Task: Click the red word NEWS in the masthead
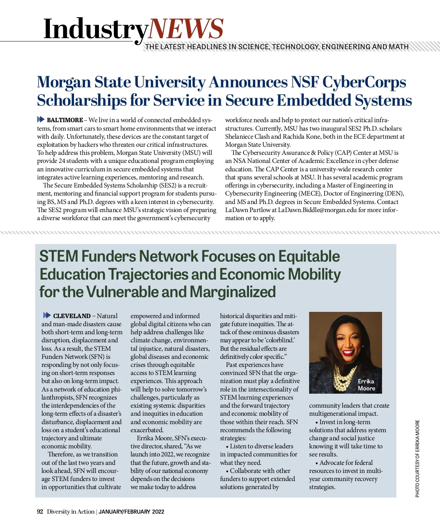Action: (x=186, y=29)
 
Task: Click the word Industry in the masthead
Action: (x=96, y=29)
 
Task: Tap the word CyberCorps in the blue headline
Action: (x=364, y=83)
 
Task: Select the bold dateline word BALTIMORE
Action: (x=65, y=120)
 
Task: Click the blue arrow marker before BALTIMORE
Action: (x=41, y=120)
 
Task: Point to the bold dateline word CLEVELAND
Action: (x=72, y=316)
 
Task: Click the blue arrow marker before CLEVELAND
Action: (x=47, y=316)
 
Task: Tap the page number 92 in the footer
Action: (x=40, y=512)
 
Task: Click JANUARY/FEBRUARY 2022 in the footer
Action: (x=131, y=512)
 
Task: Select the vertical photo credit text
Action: (x=418, y=459)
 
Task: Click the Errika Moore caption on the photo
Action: (x=366, y=385)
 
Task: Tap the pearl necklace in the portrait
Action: (x=345, y=378)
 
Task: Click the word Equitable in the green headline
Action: (x=309, y=256)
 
